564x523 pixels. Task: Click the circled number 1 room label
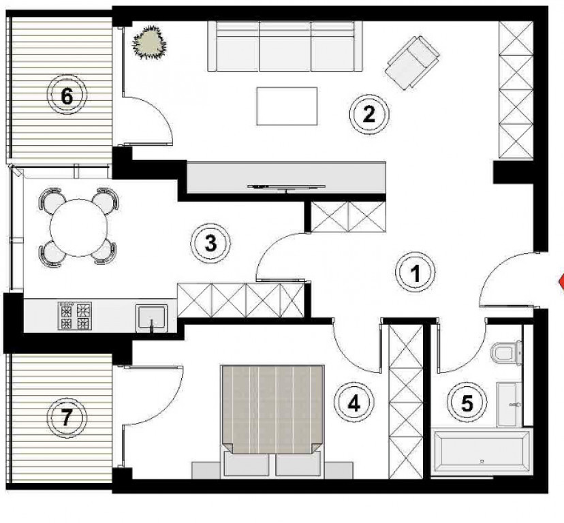415,272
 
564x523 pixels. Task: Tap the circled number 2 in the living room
369,114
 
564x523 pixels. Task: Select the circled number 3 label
210,243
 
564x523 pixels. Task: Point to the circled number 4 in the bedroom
354,402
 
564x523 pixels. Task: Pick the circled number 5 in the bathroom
467,402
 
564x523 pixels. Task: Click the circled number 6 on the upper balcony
67,95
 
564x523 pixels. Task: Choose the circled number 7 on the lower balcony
67,417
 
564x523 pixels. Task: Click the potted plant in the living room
150,42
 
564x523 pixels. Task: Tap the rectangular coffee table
287,106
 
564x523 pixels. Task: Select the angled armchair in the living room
412,63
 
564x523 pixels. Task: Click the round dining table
79,228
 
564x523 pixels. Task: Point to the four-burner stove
74,316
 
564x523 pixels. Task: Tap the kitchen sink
151,317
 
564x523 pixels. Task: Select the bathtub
482,451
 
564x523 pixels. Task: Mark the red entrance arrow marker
561,281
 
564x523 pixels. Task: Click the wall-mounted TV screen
286,187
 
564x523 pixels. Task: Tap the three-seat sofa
285,46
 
